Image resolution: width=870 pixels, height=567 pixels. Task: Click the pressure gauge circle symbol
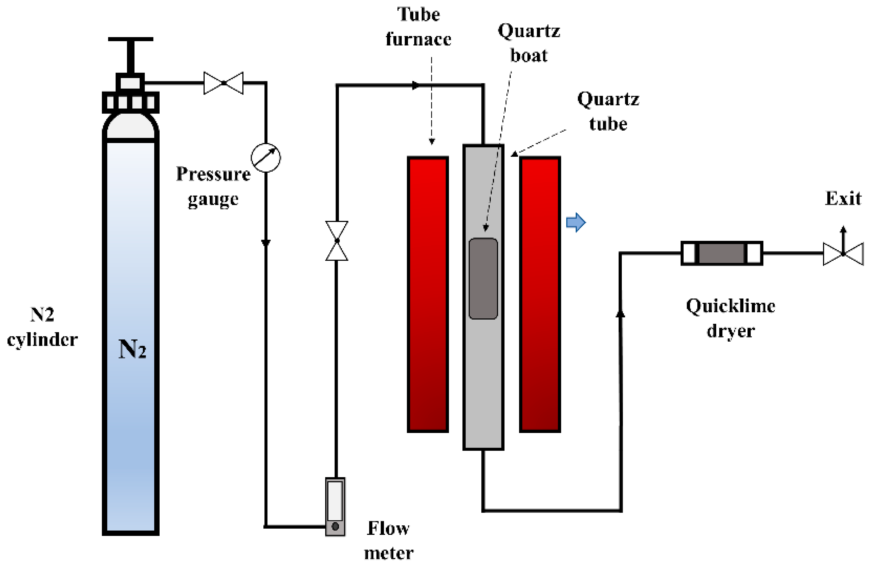(x=266, y=158)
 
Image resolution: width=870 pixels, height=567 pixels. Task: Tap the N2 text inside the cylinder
(x=132, y=349)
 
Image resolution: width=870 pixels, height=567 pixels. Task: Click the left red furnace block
(x=428, y=294)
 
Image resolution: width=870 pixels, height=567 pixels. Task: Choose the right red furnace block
(x=540, y=294)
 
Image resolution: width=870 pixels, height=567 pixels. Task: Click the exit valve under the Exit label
(x=843, y=253)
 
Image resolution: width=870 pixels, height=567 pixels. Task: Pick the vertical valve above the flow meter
(x=337, y=241)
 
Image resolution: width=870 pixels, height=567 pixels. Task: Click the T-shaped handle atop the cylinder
(x=130, y=55)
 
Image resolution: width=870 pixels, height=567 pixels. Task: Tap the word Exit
(x=843, y=199)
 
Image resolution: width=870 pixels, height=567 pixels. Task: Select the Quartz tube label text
(x=608, y=111)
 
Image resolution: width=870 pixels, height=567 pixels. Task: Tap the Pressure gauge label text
(x=213, y=186)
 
